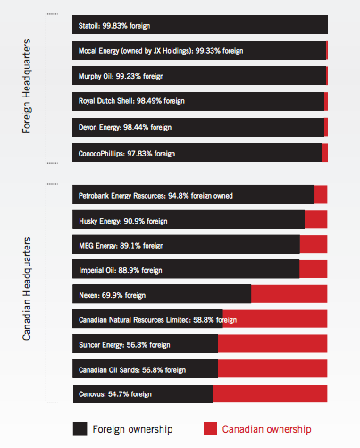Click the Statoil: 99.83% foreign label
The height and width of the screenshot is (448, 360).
click(x=114, y=26)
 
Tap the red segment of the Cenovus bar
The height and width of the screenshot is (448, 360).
click(x=270, y=393)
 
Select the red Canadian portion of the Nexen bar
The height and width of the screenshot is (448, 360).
click(x=289, y=294)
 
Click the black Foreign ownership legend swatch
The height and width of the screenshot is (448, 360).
click(x=80, y=429)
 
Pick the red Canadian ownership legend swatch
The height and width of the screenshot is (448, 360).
click(x=210, y=429)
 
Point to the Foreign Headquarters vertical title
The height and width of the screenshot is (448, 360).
click(x=27, y=87)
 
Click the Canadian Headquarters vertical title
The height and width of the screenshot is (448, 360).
click(x=27, y=289)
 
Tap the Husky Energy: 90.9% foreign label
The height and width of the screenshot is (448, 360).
click(x=123, y=221)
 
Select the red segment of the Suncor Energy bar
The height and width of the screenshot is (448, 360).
click(x=272, y=343)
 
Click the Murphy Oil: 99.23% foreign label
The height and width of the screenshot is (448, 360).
click(x=121, y=76)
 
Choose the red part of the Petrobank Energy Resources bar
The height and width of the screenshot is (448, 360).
click(x=321, y=194)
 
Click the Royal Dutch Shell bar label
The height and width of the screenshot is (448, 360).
click(x=131, y=101)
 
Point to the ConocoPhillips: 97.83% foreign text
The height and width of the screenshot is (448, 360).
click(x=127, y=154)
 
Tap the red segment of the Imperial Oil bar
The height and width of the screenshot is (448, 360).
click(x=314, y=269)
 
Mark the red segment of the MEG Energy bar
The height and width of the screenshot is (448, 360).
click(x=314, y=244)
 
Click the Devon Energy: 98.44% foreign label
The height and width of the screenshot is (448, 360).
click(x=125, y=127)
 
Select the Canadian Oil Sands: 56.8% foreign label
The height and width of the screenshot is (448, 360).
click(x=132, y=370)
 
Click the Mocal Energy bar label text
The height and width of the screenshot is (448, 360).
click(x=161, y=51)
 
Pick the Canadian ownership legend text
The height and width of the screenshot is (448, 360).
click(x=266, y=429)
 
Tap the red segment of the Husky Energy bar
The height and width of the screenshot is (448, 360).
click(x=316, y=219)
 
